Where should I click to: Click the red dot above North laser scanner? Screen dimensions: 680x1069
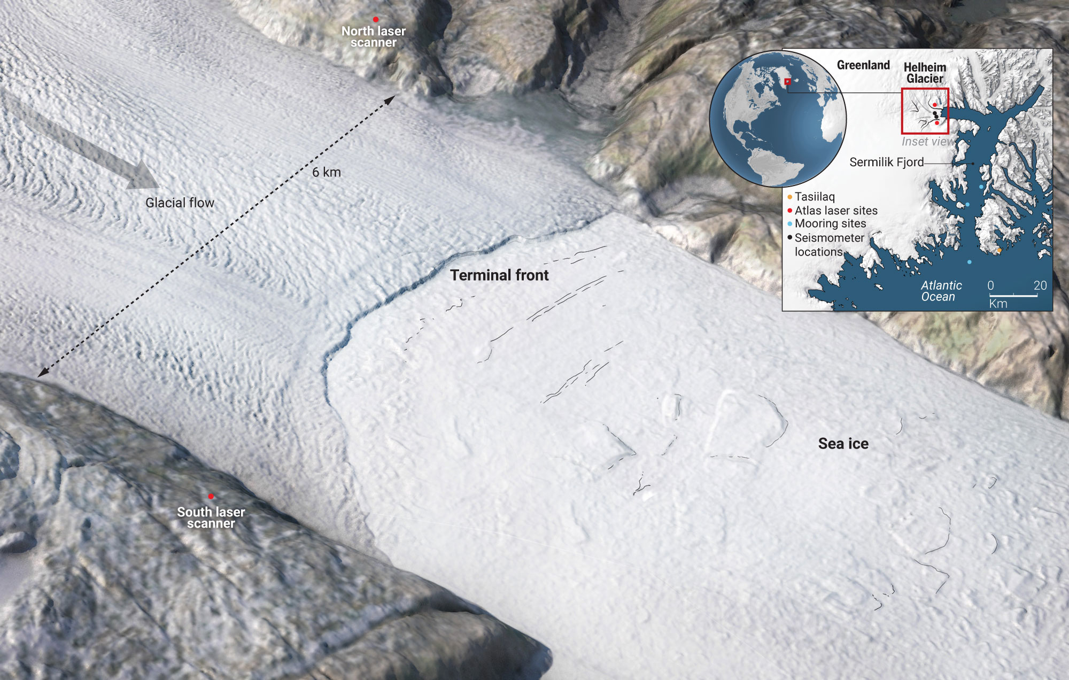376,20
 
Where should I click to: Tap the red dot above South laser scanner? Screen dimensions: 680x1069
211,497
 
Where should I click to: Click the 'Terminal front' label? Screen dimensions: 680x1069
499,275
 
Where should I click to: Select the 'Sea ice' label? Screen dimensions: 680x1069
843,444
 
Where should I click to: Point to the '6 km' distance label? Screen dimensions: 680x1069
326,172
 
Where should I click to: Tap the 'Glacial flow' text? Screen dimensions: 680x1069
180,203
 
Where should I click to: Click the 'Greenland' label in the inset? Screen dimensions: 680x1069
863,65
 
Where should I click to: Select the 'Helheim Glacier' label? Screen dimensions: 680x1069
925,73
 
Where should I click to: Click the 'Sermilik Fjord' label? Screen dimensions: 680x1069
886,162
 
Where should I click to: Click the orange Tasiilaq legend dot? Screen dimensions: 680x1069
790,197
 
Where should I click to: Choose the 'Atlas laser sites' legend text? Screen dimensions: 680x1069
836,211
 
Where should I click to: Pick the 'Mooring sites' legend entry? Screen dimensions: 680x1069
830,223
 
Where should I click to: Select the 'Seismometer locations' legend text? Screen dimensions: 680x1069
829,245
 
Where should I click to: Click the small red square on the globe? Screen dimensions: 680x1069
787,82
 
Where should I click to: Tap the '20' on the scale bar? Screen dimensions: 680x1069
1040,285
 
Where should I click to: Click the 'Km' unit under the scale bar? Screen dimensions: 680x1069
998,304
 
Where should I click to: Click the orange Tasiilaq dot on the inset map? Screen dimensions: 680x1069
1000,250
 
